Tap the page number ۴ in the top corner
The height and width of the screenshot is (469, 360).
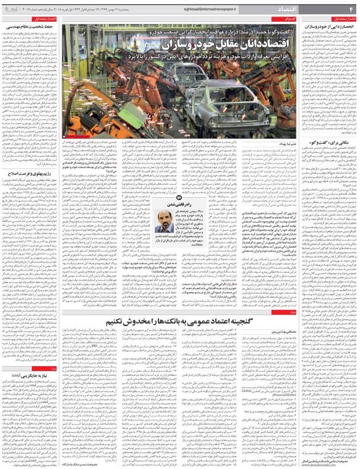[353, 10]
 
